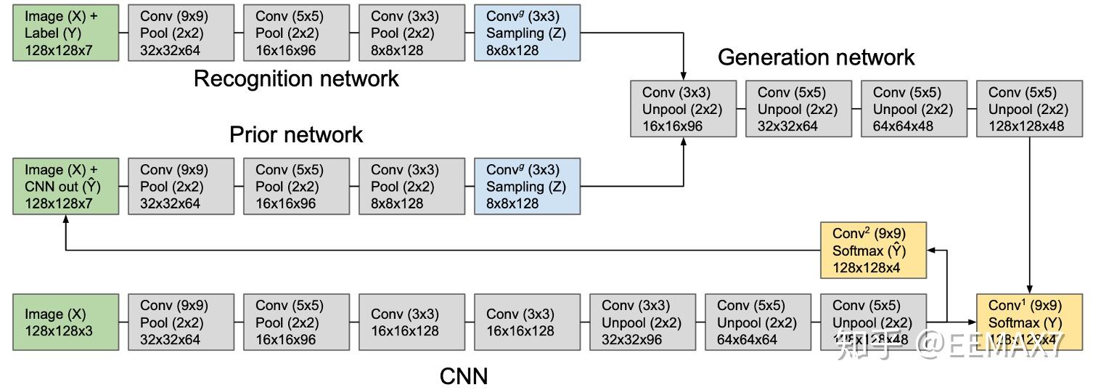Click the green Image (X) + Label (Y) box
[65, 33]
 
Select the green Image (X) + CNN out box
[65, 187]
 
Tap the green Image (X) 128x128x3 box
[65, 322]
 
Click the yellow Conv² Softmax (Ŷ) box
[873, 251]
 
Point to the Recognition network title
[296, 78]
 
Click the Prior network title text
[296, 134]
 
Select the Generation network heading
[816, 57]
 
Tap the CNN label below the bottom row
[464, 376]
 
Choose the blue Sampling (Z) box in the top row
[527, 33]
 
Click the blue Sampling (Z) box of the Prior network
[527, 187]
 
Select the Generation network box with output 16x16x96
[683, 109]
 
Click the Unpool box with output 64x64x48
[914, 109]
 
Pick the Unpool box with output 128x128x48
[1029, 109]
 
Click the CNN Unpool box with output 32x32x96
[642, 322]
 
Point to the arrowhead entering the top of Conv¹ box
[1029, 289]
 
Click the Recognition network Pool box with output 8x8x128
[412, 33]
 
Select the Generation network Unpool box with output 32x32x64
[798, 109]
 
